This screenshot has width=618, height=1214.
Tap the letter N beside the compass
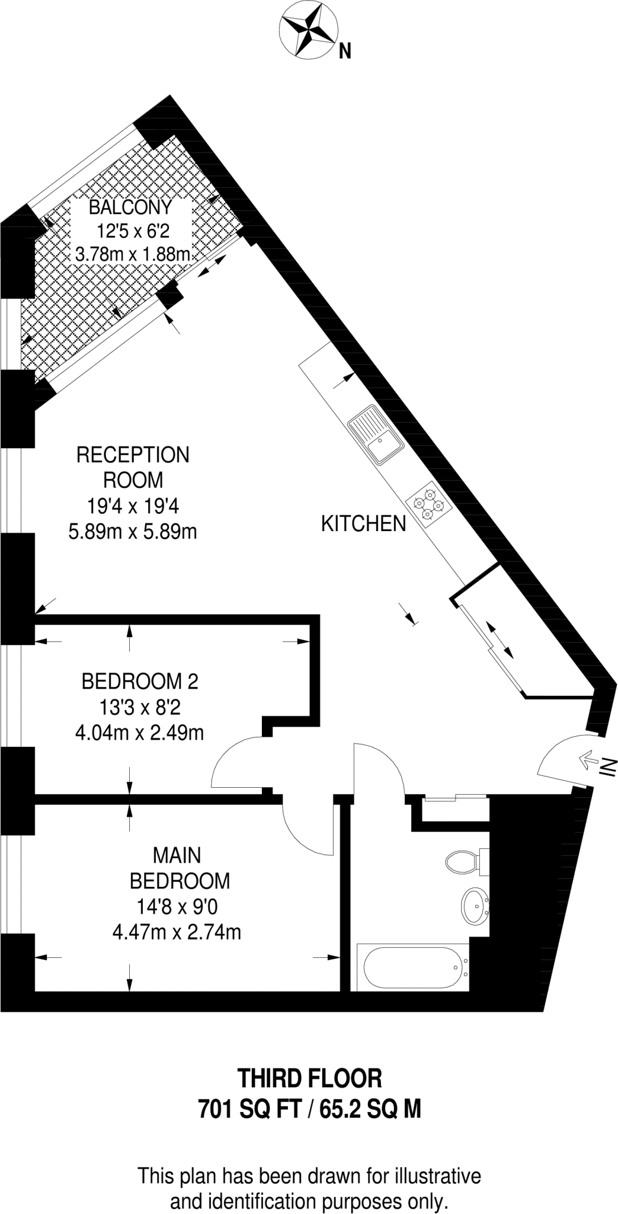[344, 52]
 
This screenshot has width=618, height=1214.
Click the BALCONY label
[130, 207]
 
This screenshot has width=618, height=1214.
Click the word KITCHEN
[363, 523]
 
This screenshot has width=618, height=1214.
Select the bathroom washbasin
[475, 906]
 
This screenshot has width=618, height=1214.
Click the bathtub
[413, 967]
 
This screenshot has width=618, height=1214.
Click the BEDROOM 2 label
[140, 681]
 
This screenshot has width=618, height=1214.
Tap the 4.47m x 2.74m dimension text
[177, 932]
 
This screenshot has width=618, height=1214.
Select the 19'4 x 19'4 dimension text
[133, 506]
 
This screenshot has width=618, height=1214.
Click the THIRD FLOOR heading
[309, 1078]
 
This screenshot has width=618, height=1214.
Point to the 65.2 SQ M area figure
[370, 1108]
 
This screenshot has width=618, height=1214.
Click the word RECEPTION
[133, 455]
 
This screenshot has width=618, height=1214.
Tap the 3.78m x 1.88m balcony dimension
[133, 255]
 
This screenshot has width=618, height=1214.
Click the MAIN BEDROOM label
[180, 868]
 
